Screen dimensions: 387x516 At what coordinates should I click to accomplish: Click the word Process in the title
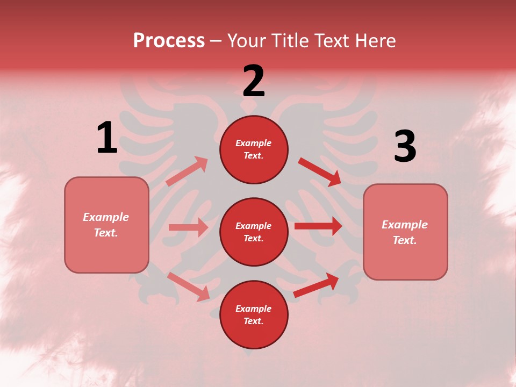169,41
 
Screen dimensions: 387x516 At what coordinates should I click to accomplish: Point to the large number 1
106,138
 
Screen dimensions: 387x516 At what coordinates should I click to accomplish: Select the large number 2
254,81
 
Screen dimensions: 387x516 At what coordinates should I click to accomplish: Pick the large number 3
405,146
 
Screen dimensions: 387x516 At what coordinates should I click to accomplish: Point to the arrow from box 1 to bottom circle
188,286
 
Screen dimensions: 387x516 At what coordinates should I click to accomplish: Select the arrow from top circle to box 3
320,171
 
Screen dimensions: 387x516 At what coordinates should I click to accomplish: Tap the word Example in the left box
106,217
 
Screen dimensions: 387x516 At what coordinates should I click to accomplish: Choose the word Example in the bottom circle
253,309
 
